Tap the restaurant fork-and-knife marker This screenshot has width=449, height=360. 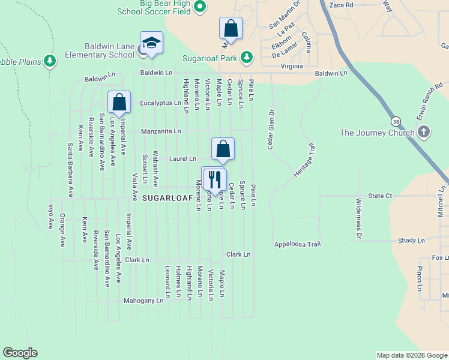[x=214, y=179]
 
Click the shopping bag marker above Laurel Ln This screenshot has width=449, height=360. [x=223, y=149]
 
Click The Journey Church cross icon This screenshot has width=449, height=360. [x=424, y=132]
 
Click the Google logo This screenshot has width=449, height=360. [x=20, y=353]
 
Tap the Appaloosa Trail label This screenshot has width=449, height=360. [x=298, y=244]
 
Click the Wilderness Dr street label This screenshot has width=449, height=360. [x=358, y=218]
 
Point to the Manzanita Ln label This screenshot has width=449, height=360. [x=161, y=131]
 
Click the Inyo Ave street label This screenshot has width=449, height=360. [x=50, y=217]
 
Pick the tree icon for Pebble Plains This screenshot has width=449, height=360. [x=50, y=61]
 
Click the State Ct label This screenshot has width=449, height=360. [x=380, y=196]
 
